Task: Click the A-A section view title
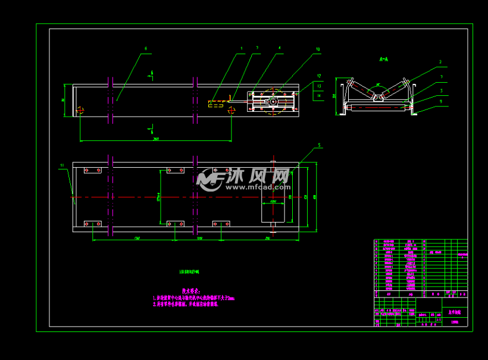click(x=384, y=60)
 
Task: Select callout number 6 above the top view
click(x=145, y=49)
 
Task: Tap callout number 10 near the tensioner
click(x=318, y=49)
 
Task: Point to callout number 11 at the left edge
click(x=61, y=166)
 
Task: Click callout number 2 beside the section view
click(x=440, y=62)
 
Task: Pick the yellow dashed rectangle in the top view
click(x=216, y=103)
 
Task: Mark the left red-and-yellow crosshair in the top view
click(x=80, y=109)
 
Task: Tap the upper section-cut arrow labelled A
click(x=152, y=75)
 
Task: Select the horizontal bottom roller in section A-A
click(x=380, y=108)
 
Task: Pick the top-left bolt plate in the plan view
click(x=92, y=171)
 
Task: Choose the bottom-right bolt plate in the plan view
click(x=221, y=224)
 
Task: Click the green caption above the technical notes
click(x=190, y=271)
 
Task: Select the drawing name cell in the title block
click(x=454, y=311)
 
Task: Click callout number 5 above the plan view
click(x=319, y=145)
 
